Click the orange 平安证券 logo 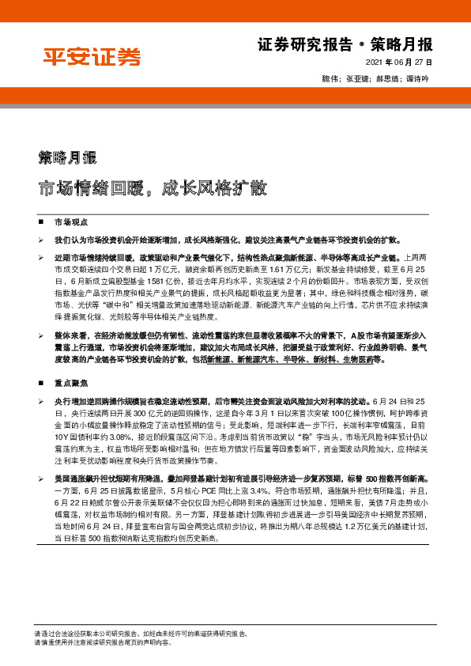92,57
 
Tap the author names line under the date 386,79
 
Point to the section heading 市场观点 70,224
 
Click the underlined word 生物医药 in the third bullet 367,358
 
